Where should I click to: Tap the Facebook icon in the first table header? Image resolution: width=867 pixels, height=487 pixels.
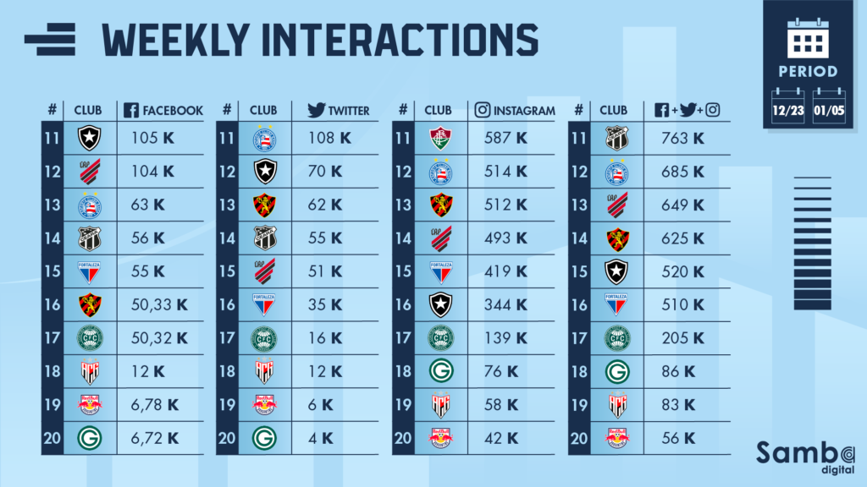(131, 110)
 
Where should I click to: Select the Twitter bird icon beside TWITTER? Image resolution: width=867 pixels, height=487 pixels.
(317, 110)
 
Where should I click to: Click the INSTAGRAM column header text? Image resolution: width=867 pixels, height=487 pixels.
(524, 110)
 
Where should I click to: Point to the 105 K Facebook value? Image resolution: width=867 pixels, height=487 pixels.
(152, 137)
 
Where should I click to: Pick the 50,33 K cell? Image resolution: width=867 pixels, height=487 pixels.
(160, 303)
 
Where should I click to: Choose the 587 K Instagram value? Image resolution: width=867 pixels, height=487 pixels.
(507, 137)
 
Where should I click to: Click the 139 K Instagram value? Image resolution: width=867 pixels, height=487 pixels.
(506, 337)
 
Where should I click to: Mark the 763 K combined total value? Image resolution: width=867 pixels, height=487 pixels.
(681, 137)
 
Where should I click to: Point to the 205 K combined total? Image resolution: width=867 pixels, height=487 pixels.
(681, 337)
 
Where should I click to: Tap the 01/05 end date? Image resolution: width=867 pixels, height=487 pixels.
(830, 110)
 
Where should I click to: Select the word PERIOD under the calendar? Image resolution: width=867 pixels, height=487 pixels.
(809, 72)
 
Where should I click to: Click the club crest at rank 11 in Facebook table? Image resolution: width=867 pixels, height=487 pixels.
(89, 137)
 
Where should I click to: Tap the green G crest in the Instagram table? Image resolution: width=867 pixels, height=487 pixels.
(440, 370)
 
